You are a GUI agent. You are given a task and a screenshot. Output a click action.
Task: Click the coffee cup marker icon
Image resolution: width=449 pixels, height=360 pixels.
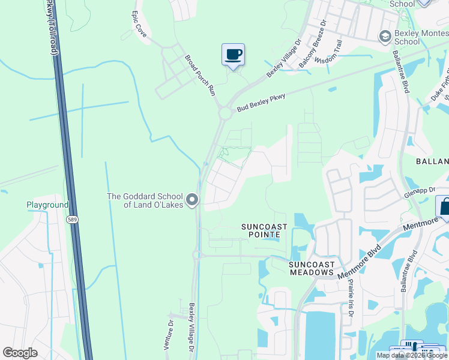(233, 55)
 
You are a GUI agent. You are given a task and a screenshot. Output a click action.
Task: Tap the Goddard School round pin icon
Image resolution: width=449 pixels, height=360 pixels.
(192, 199)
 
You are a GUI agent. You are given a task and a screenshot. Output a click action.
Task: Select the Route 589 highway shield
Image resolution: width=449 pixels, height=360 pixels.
(71, 220)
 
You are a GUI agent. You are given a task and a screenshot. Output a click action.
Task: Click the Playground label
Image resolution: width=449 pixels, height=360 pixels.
(47, 205)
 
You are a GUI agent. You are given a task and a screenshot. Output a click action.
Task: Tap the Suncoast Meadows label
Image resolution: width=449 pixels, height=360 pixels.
(311, 268)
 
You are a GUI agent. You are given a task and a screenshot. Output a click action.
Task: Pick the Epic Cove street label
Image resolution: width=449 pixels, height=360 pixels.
(139, 22)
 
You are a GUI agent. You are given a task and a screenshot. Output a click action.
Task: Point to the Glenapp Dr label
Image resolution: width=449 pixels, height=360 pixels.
(418, 191)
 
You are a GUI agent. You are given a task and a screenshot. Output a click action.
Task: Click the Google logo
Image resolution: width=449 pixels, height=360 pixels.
(20, 353)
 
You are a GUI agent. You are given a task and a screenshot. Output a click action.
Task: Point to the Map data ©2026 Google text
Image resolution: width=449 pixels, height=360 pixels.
(412, 355)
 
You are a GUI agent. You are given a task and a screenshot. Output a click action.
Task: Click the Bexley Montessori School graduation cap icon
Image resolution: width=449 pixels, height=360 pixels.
(385, 37)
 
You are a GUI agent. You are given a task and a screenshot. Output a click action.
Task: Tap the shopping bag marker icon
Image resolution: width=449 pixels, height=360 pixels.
(444, 208)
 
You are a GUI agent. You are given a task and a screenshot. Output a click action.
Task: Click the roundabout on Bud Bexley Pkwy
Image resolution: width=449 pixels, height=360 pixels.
(226, 113)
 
